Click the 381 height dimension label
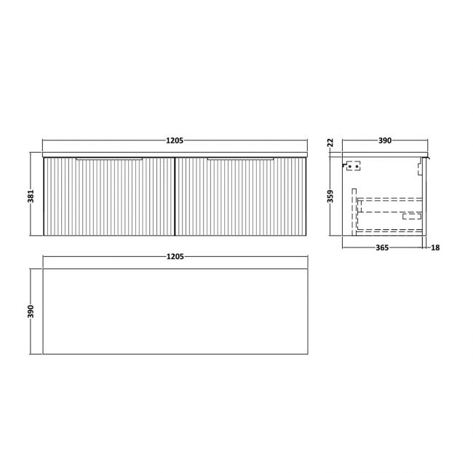pyautogui.click(x=32, y=194)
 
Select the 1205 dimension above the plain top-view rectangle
pyautogui.click(x=175, y=256)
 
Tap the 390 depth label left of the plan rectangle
pyautogui.click(x=32, y=311)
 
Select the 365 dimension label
pyautogui.click(x=383, y=248)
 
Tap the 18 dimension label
pyautogui.click(x=435, y=248)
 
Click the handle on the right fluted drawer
pyautogui.click(x=240, y=157)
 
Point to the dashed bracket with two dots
pyautogui.click(x=354, y=167)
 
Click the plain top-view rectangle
pyautogui.click(x=175, y=311)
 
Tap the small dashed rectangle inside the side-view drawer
pyautogui.click(x=412, y=215)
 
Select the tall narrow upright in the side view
pyautogui.click(x=354, y=211)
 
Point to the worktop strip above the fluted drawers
pyautogui.click(x=175, y=155)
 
